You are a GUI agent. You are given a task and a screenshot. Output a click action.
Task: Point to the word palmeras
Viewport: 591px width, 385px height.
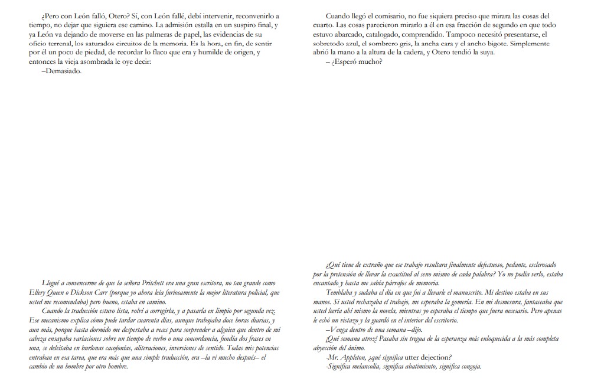[x=168, y=34]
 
